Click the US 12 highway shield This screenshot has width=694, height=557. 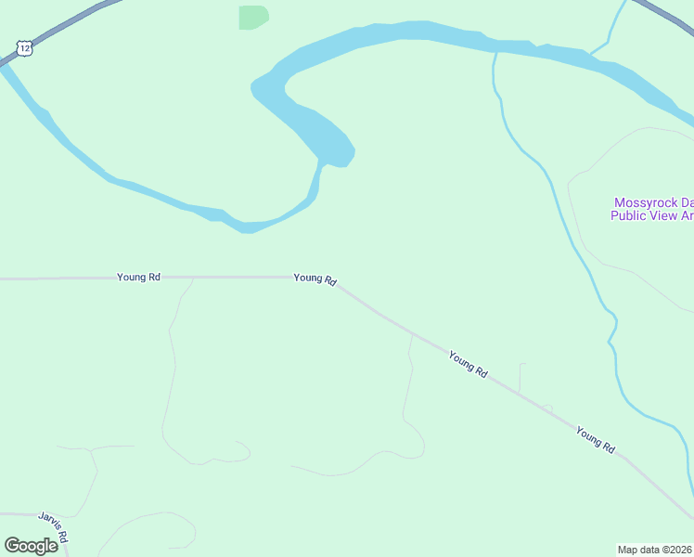24,46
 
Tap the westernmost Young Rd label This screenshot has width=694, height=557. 139,277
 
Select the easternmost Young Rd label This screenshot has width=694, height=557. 595,440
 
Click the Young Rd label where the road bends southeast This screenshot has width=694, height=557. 315,278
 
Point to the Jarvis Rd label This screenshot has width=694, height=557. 54,526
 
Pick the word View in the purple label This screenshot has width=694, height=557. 665,215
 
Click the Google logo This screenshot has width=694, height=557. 32,545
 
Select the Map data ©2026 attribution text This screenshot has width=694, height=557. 655,550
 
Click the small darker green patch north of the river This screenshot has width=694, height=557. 252,17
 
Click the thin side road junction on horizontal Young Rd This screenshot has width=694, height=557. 193,278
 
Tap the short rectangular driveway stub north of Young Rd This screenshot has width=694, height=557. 521,376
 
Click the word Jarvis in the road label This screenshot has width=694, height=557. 49,521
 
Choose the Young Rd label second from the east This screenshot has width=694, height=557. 468,363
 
